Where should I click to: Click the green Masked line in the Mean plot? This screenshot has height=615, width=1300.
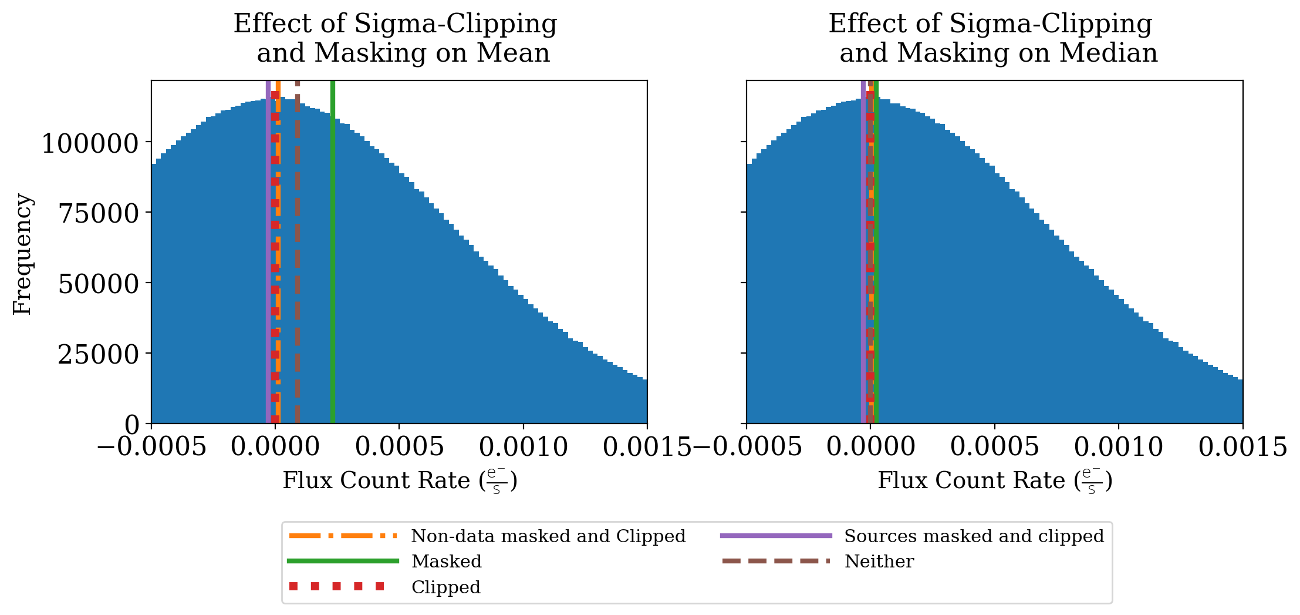point(333,253)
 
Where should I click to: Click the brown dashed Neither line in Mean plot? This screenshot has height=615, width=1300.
point(298,253)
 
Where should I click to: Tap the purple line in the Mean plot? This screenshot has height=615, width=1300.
point(268,253)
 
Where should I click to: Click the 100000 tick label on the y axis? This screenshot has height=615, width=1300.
point(90,143)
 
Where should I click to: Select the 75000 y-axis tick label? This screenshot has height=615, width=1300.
point(98,214)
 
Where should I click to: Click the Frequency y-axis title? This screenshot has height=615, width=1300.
point(22,254)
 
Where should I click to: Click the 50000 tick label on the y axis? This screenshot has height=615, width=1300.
point(98,284)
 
